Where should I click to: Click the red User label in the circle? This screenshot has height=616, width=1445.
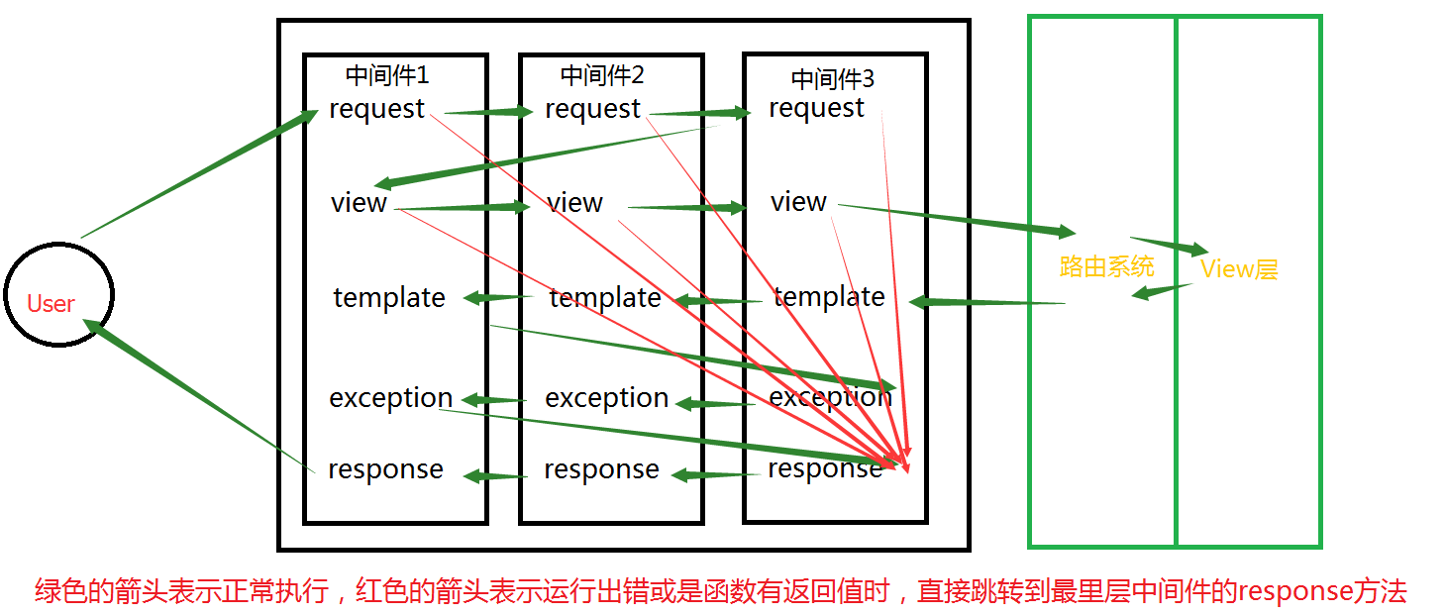pyautogui.click(x=51, y=304)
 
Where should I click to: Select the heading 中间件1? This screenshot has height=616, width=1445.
pyautogui.click(x=387, y=75)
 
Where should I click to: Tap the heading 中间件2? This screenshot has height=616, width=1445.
pyautogui.click(x=602, y=75)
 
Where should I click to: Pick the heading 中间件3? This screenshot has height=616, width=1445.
pyautogui.click(x=833, y=78)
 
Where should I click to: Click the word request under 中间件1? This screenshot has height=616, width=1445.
pyautogui.click(x=377, y=109)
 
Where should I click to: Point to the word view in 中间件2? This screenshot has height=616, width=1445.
pyautogui.click(x=574, y=203)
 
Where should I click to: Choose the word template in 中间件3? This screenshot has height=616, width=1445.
pyautogui.click(x=829, y=297)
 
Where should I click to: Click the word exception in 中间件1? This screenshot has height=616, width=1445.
pyautogui.click(x=390, y=398)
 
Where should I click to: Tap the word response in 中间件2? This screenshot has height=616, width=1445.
pyautogui.click(x=601, y=469)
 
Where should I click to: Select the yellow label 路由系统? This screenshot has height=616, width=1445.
pyautogui.click(x=1106, y=266)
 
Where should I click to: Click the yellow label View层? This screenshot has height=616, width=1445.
pyautogui.click(x=1239, y=268)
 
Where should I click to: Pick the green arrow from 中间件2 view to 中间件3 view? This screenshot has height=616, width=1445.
pyautogui.click(x=686, y=207)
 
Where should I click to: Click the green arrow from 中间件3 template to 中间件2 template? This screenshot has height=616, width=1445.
pyautogui.click(x=718, y=300)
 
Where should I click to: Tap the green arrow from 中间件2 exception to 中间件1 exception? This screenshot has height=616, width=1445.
pyautogui.click(x=495, y=400)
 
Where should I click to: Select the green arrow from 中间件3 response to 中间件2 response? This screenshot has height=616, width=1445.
pyautogui.click(x=718, y=475)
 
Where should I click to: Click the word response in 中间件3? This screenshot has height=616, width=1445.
pyautogui.click(x=825, y=469)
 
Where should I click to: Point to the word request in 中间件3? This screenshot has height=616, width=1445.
pyautogui.click(x=817, y=108)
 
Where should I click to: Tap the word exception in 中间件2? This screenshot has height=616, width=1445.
pyautogui.click(x=607, y=398)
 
